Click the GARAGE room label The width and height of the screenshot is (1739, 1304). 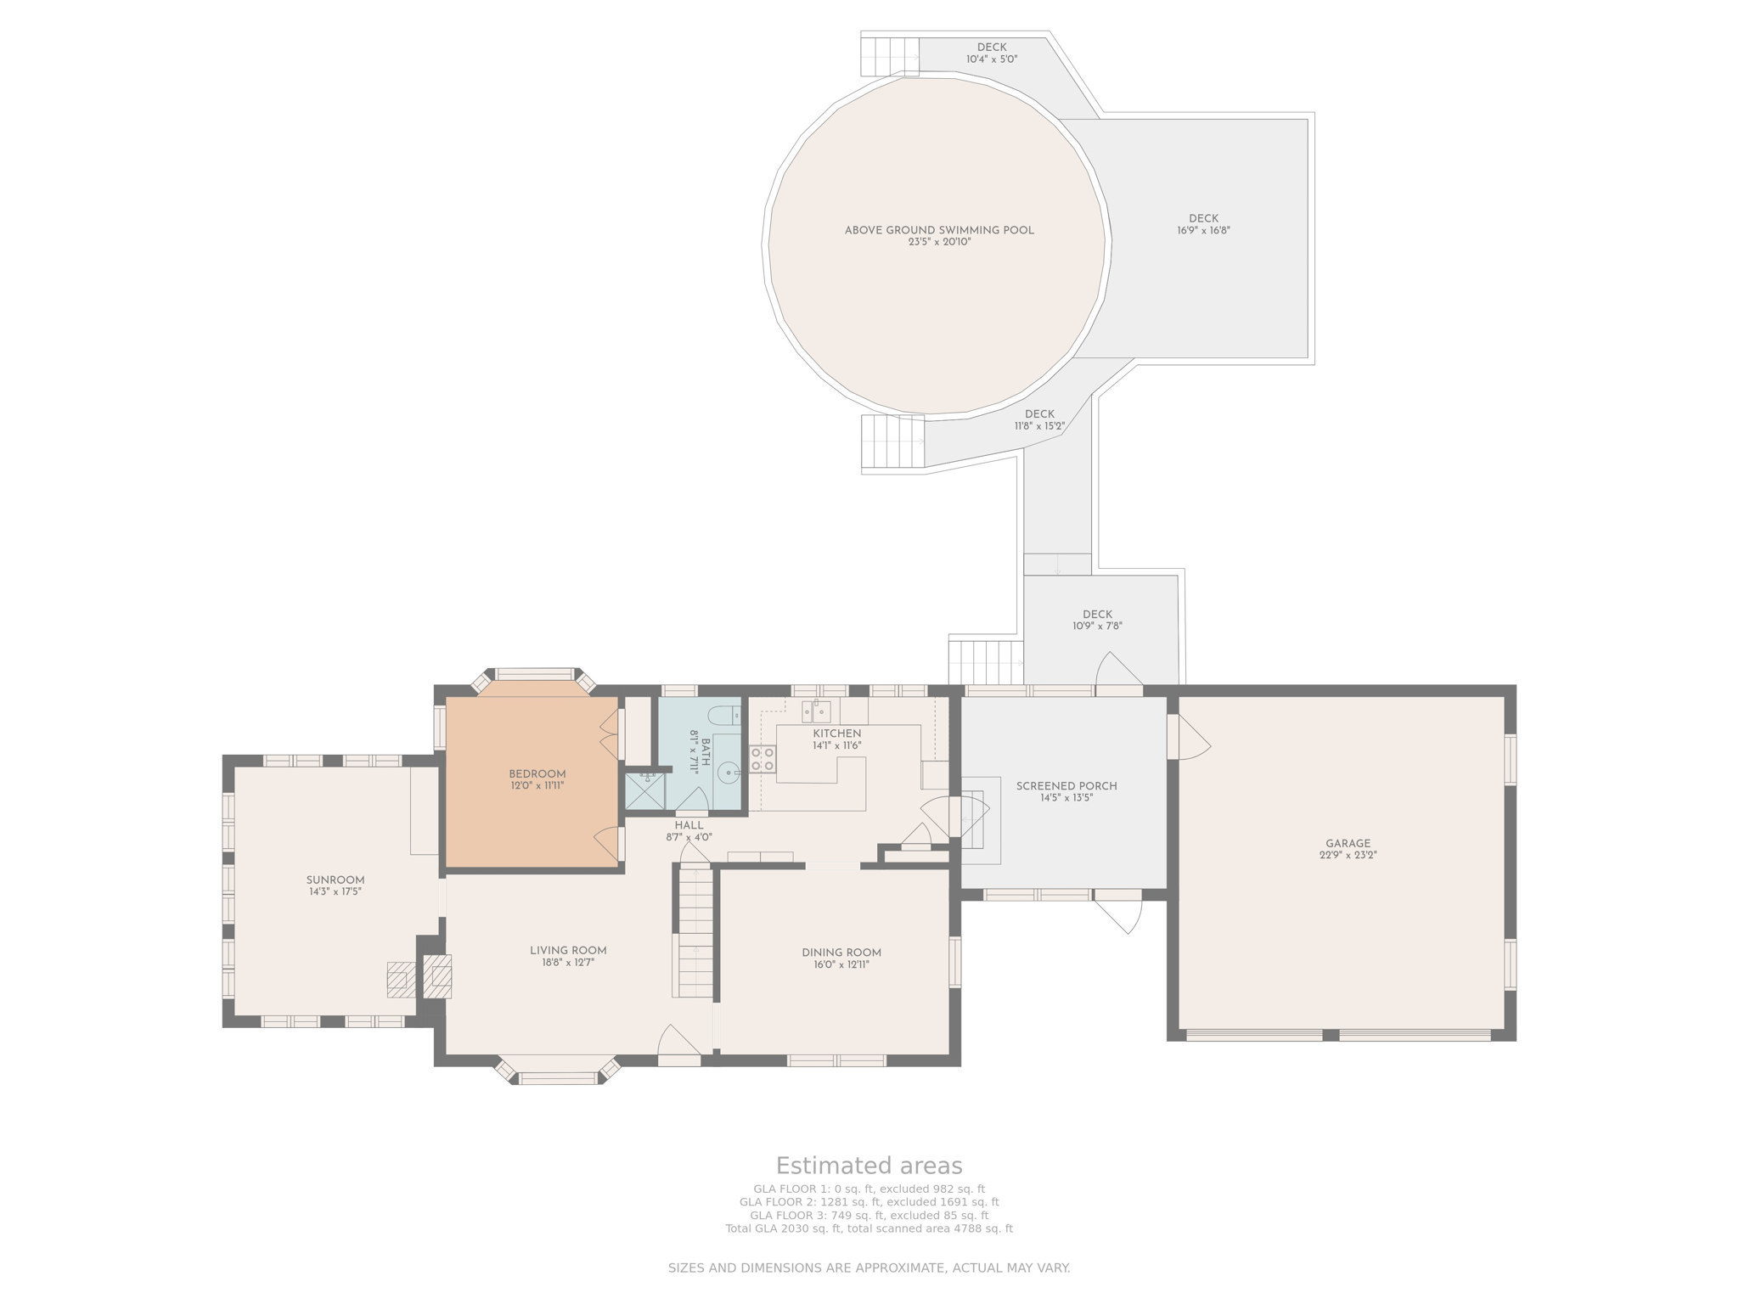click(1348, 844)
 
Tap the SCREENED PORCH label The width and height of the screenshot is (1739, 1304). click(1066, 786)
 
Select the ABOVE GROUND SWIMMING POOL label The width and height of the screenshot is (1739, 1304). click(939, 230)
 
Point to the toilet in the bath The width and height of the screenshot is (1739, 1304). click(724, 715)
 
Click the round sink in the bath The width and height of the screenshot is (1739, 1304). click(729, 773)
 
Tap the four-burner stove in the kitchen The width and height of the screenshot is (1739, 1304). click(762, 758)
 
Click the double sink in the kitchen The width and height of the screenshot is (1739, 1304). click(816, 711)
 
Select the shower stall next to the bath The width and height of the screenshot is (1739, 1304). click(645, 790)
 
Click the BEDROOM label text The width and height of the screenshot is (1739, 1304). click(537, 774)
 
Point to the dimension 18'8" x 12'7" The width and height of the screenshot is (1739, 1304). click(568, 963)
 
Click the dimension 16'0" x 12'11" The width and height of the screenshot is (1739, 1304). click(841, 964)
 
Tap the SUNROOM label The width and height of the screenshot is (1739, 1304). click(335, 880)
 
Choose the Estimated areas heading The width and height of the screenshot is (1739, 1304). click(869, 1166)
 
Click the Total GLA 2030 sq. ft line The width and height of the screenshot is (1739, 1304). click(869, 1228)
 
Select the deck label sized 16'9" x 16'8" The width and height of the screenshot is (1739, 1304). click(1204, 224)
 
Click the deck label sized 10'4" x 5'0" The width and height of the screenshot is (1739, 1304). click(992, 53)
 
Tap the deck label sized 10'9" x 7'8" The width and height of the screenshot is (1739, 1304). click(1097, 621)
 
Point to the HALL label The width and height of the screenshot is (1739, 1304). click(689, 825)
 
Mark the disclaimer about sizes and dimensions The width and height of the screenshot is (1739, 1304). click(869, 1268)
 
